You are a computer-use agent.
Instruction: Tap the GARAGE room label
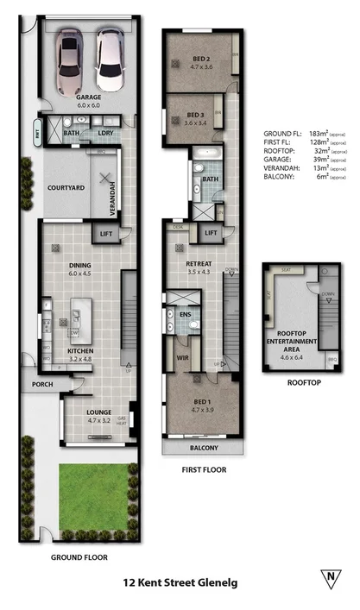click(88, 97)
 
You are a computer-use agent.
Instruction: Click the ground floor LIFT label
click(108, 234)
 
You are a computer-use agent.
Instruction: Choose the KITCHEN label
click(80, 351)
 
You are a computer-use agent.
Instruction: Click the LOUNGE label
click(99, 412)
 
